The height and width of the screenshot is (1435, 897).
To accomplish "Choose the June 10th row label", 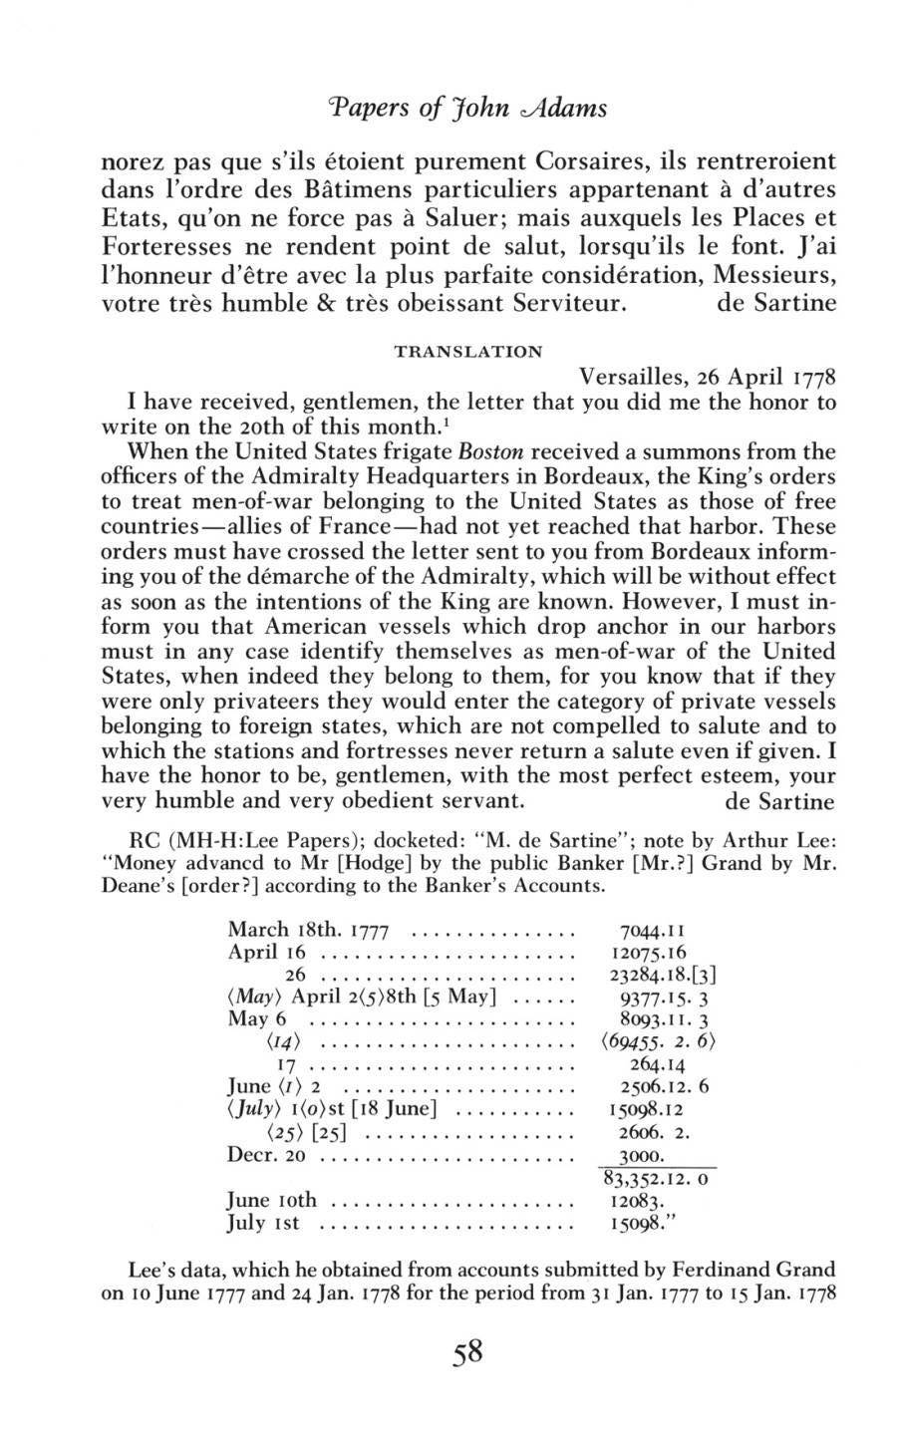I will click(272, 1201).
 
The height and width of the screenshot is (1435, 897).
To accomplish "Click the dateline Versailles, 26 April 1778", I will click(707, 380).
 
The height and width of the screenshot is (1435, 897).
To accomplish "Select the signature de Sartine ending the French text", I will click(776, 303).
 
